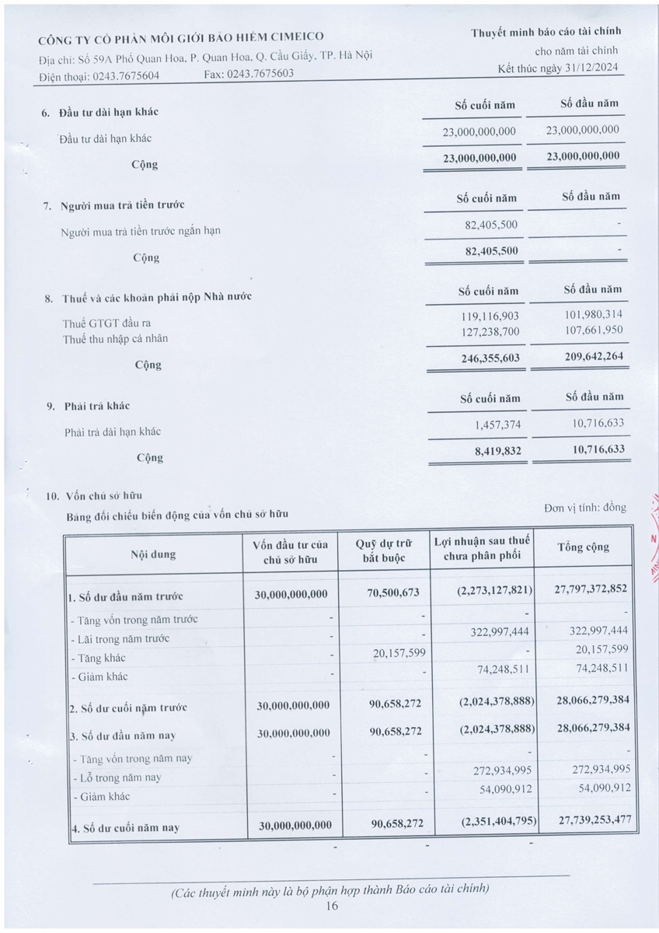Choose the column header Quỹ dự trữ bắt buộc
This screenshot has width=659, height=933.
384,550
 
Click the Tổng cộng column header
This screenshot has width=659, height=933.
584,547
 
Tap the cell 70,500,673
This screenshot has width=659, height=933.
392,593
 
